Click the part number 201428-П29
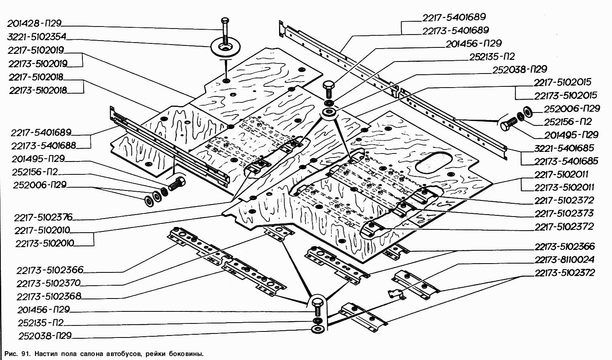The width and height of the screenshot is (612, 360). [x=34, y=24]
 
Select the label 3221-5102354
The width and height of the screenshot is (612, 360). [x=37, y=37]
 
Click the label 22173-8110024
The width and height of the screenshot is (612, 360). [x=565, y=260]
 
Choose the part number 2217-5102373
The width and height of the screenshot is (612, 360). [x=564, y=213]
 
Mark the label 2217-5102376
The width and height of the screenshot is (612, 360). [x=43, y=217]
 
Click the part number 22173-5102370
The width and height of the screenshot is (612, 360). [x=49, y=283]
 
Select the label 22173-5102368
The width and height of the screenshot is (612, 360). [x=49, y=297]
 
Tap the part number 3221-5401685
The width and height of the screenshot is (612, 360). [x=564, y=148]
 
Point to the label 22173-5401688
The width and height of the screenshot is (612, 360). [x=43, y=145]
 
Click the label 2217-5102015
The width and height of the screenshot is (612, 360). [x=563, y=82]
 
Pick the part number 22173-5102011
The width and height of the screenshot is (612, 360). [x=564, y=187]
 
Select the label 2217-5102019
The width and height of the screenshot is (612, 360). [x=36, y=50]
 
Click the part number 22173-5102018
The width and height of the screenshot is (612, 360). [x=38, y=90]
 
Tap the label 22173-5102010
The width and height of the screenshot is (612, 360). [x=45, y=243]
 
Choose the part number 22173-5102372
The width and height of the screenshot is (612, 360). [x=565, y=273]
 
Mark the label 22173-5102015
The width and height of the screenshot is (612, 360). [x=565, y=96]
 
